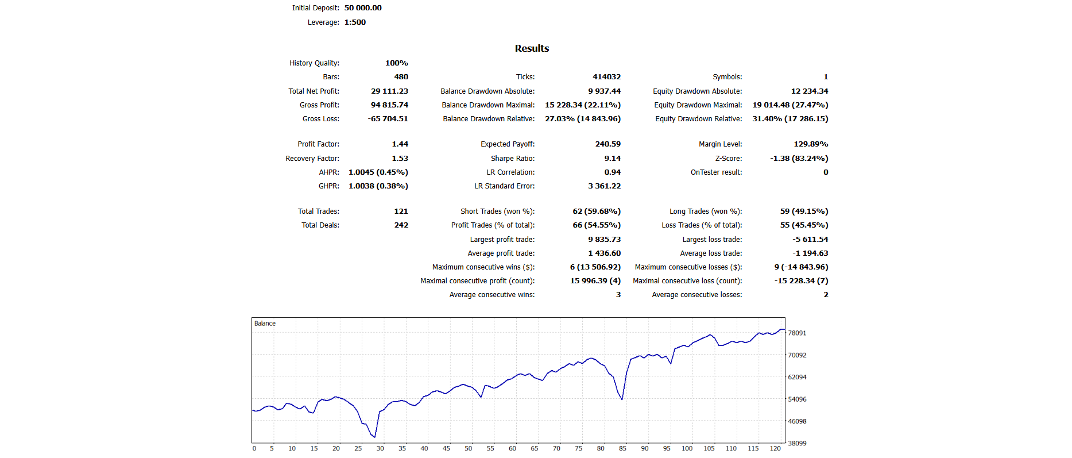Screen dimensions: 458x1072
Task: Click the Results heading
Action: click(532, 49)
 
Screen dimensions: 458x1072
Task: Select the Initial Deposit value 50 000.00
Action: click(363, 8)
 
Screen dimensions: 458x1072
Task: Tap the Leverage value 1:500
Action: click(355, 22)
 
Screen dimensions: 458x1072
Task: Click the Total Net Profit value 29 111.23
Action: click(389, 91)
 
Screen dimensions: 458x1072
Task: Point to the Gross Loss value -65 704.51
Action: click(388, 119)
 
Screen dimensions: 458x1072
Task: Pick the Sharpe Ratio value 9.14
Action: click(612, 159)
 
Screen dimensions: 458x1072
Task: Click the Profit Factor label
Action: click(318, 144)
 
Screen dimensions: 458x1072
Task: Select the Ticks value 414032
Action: click(606, 77)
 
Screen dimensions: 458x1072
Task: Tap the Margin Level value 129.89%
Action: click(811, 144)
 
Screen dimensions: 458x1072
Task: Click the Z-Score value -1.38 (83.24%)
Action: click(799, 159)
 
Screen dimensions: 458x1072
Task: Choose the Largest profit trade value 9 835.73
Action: click(604, 240)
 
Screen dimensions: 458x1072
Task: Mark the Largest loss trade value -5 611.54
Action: click(810, 240)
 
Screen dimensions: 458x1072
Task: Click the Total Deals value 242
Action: click(401, 225)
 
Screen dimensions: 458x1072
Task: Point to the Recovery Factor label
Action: click(312, 159)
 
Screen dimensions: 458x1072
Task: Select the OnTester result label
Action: click(716, 172)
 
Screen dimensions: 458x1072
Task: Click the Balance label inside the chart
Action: click(265, 324)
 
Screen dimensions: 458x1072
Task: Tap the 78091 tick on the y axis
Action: click(797, 333)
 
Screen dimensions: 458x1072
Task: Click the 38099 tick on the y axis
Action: click(797, 444)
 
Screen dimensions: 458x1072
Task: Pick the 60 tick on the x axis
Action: click(512, 449)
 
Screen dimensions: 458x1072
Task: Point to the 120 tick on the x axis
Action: click(775, 449)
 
